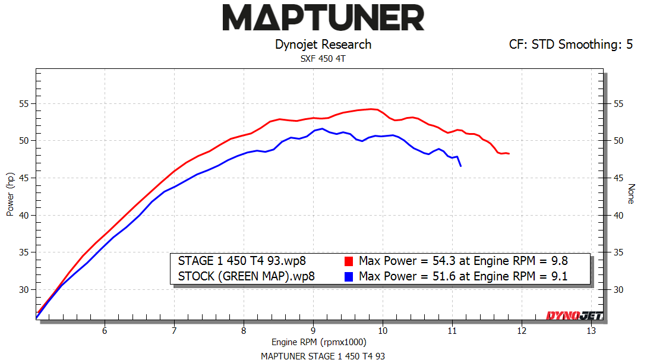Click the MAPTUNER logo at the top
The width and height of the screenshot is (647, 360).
(323, 18)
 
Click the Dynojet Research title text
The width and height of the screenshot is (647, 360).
(323, 45)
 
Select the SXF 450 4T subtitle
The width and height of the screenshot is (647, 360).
(323, 59)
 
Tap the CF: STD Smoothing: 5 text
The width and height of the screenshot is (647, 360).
(570, 45)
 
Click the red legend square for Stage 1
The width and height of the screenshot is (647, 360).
(349, 261)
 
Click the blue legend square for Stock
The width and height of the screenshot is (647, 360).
(349, 276)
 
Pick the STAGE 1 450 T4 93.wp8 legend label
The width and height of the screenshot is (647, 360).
(242, 261)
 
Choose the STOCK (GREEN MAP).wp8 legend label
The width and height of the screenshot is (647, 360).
(247, 276)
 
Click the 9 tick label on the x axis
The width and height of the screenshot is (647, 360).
(313, 330)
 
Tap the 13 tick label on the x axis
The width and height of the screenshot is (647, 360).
(591, 330)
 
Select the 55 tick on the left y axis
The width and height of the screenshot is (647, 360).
(24, 104)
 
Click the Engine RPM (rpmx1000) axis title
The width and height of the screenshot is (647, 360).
(319, 342)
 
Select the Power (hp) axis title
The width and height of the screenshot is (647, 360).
(10, 194)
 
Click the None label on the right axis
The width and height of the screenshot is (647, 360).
(631, 194)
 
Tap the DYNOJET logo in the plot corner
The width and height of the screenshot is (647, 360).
(574, 315)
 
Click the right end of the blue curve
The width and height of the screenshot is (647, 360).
(460, 166)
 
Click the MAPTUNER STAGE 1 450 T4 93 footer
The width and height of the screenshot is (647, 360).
(323, 355)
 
